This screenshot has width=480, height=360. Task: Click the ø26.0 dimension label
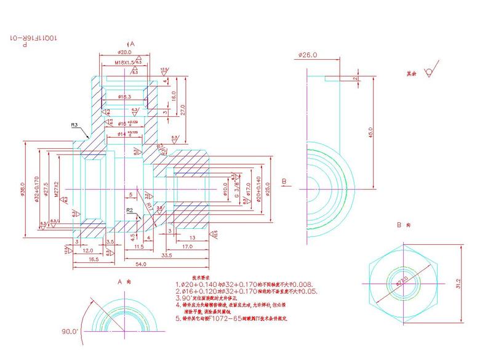pos(308,55)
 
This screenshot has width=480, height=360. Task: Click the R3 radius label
pos(74,125)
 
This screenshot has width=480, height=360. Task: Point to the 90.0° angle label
pos(70,331)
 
